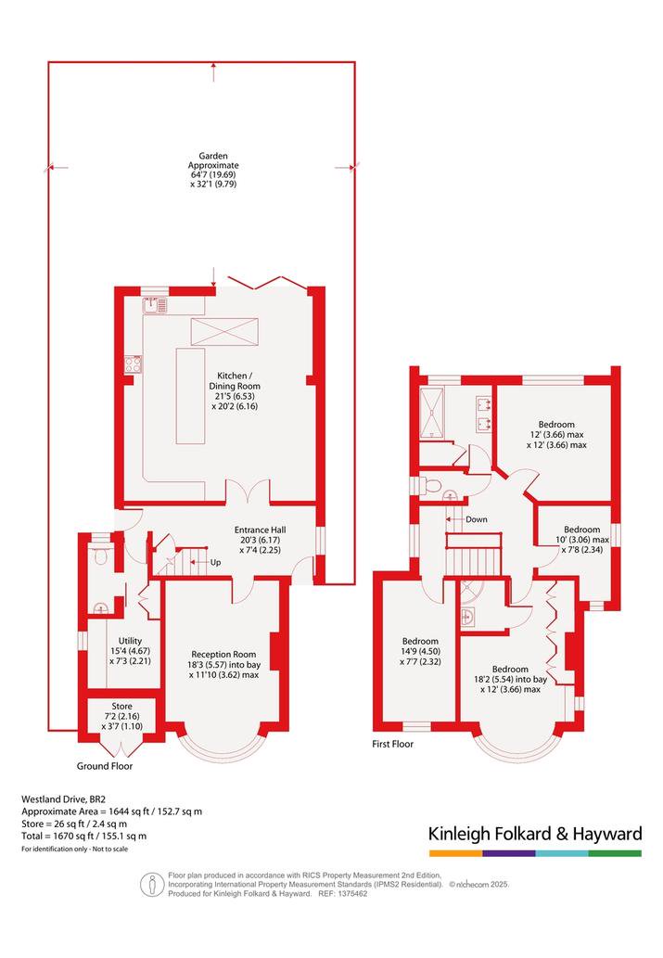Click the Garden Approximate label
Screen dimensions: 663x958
coord(213,170)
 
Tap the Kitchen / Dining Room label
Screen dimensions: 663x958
coord(235,390)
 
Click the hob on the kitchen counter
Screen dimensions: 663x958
coord(134,364)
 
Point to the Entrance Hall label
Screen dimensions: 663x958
coord(260,540)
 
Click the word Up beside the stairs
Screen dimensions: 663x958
coord(216,562)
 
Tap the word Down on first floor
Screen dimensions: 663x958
coord(477,519)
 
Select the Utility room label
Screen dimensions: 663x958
coord(130,651)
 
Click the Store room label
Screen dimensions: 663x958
coord(121,716)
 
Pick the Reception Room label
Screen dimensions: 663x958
coord(223,664)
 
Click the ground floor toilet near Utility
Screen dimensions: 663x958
coord(100,557)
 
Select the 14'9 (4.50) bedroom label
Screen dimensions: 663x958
coord(420,651)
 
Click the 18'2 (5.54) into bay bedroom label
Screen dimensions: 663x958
coord(510,679)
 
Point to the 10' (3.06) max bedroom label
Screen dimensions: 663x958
coord(581,540)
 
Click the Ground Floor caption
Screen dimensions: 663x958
coord(105,765)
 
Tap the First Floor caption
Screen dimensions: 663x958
coord(393,744)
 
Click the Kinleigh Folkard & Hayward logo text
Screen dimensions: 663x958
coord(535,834)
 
